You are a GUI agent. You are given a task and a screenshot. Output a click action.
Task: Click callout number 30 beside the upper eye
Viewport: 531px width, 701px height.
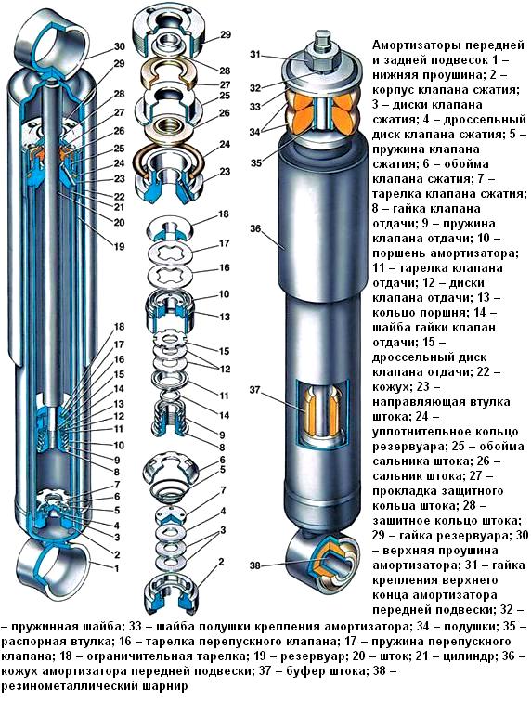pyautogui.click(x=120, y=46)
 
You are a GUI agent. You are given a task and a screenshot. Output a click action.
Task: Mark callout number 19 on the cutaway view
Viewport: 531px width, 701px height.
pyautogui.click(x=119, y=246)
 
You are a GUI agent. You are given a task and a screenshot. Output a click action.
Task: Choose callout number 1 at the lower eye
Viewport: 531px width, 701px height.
pyautogui.click(x=118, y=567)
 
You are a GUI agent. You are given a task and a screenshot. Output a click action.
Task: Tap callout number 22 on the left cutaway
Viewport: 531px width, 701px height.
pyautogui.click(x=119, y=197)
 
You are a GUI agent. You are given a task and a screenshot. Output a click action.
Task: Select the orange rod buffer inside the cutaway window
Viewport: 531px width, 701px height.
pyautogui.click(x=320, y=413)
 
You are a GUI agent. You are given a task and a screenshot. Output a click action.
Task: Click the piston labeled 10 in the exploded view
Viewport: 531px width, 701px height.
pyautogui.click(x=171, y=302)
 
